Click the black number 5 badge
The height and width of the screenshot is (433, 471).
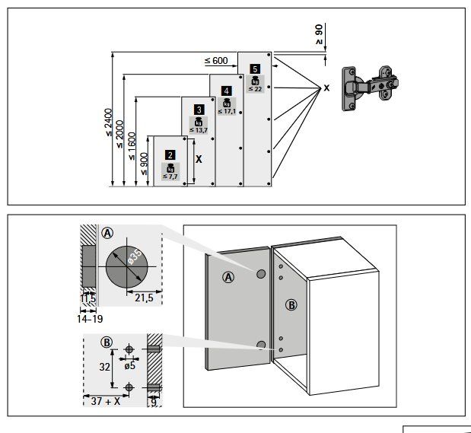point(255,69)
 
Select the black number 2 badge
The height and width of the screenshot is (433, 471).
point(170,155)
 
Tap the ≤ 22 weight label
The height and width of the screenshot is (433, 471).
point(255,89)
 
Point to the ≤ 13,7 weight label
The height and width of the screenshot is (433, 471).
point(199,130)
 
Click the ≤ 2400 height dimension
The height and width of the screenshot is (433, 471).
point(109,123)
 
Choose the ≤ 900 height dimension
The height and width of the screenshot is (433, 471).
point(144,164)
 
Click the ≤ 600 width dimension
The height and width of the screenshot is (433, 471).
point(216,61)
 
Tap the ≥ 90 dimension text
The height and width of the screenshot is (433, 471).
point(319,34)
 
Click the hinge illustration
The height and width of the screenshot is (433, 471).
point(371,88)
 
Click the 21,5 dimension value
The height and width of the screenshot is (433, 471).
point(144,298)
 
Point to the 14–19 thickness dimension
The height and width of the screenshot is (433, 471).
point(90,319)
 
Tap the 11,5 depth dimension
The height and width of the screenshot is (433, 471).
point(88,298)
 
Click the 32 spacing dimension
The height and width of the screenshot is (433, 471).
point(104,367)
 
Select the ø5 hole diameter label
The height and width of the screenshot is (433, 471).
point(130,366)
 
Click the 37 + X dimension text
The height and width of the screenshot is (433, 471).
point(106,401)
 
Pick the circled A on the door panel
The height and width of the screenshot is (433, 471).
point(228,277)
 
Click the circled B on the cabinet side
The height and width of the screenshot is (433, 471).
point(291,305)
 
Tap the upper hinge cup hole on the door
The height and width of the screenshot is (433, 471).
point(261,274)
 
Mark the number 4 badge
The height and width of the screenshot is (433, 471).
point(226,91)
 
